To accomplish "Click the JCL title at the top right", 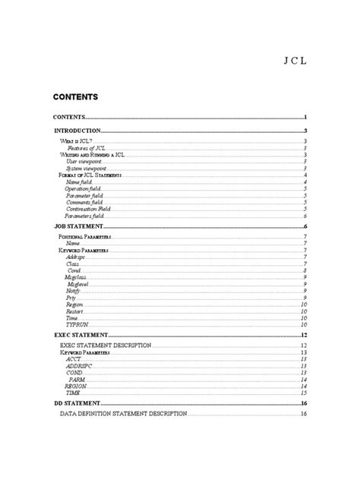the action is point(296,62).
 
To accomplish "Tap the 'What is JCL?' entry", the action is point(76,141).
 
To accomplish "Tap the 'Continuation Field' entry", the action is point(89,209).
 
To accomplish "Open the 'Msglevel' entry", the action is point(79,284).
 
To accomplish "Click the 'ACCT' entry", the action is point(74,359).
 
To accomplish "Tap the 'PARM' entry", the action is point(77,379).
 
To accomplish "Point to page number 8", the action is point(305,270).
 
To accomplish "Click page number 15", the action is point(303,393).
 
